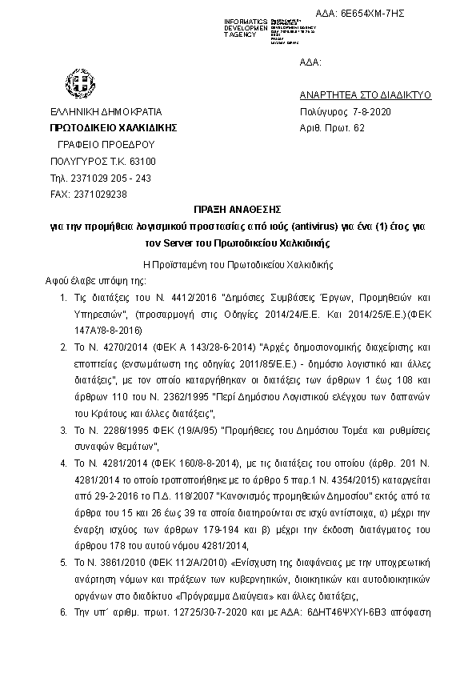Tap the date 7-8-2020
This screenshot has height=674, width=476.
pyautogui.click(x=362, y=111)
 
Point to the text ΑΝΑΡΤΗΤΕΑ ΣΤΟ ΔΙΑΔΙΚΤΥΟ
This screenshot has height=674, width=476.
pyautogui.click(x=365, y=94)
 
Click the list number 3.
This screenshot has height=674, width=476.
pyautogui.click(x=64, y=430)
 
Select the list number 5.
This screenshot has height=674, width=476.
pyautogui.click(x=64, y=564)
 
